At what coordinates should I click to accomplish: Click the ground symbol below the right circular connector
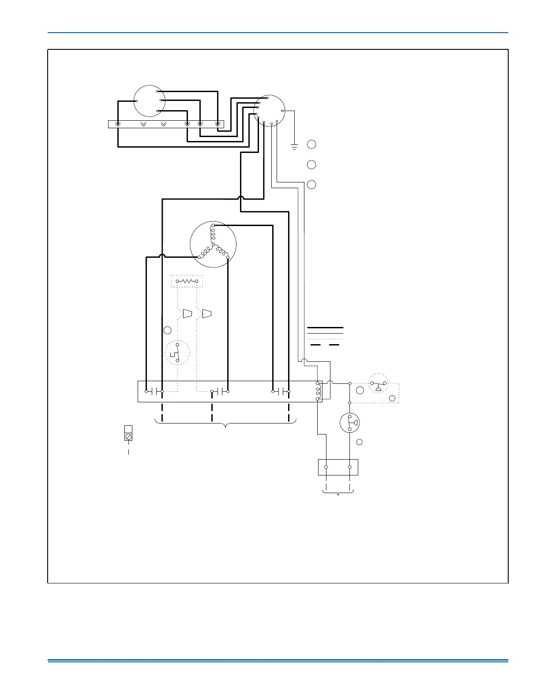pos(295,146)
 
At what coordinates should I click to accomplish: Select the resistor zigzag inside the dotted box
pos(187,281)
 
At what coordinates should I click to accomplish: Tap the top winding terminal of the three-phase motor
pos(213,226)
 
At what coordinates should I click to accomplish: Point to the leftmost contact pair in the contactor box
pos(154,391)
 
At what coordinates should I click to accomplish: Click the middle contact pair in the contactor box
pos(220,391)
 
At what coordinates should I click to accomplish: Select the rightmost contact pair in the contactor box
pos(281,391)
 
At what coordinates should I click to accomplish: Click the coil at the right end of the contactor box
pos(318,391)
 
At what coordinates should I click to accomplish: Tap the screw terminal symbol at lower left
pos(128,436)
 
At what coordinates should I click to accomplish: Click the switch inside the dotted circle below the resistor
pos(177,353)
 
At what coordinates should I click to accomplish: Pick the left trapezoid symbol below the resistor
pos(187,314)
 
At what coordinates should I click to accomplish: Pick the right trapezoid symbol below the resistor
pos(207,314)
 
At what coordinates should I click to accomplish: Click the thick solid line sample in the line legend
pos(325,328)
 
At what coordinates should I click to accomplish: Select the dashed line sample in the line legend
pos(325,345)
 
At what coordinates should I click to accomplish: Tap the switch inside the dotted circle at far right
pos(378,385)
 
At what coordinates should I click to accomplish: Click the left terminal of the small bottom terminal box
pos(326,467)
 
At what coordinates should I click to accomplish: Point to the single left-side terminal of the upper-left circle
pos(136,101)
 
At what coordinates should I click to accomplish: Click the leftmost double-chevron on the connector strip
pos(118,124)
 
